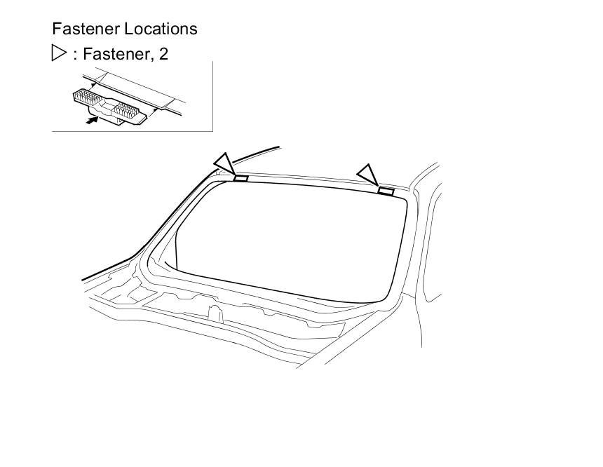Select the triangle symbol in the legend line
pos(59,53)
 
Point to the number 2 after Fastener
pos(163,54)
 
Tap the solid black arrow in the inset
pos(90,120)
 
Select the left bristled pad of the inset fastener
pos(87,97)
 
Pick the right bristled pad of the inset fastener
pos(132,109)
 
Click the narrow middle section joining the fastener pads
pos(109,105)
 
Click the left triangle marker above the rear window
pos(224,163)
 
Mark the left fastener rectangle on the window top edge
pos(240,178)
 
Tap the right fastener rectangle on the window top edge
pos(386,191)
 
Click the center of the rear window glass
pos(287,238)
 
